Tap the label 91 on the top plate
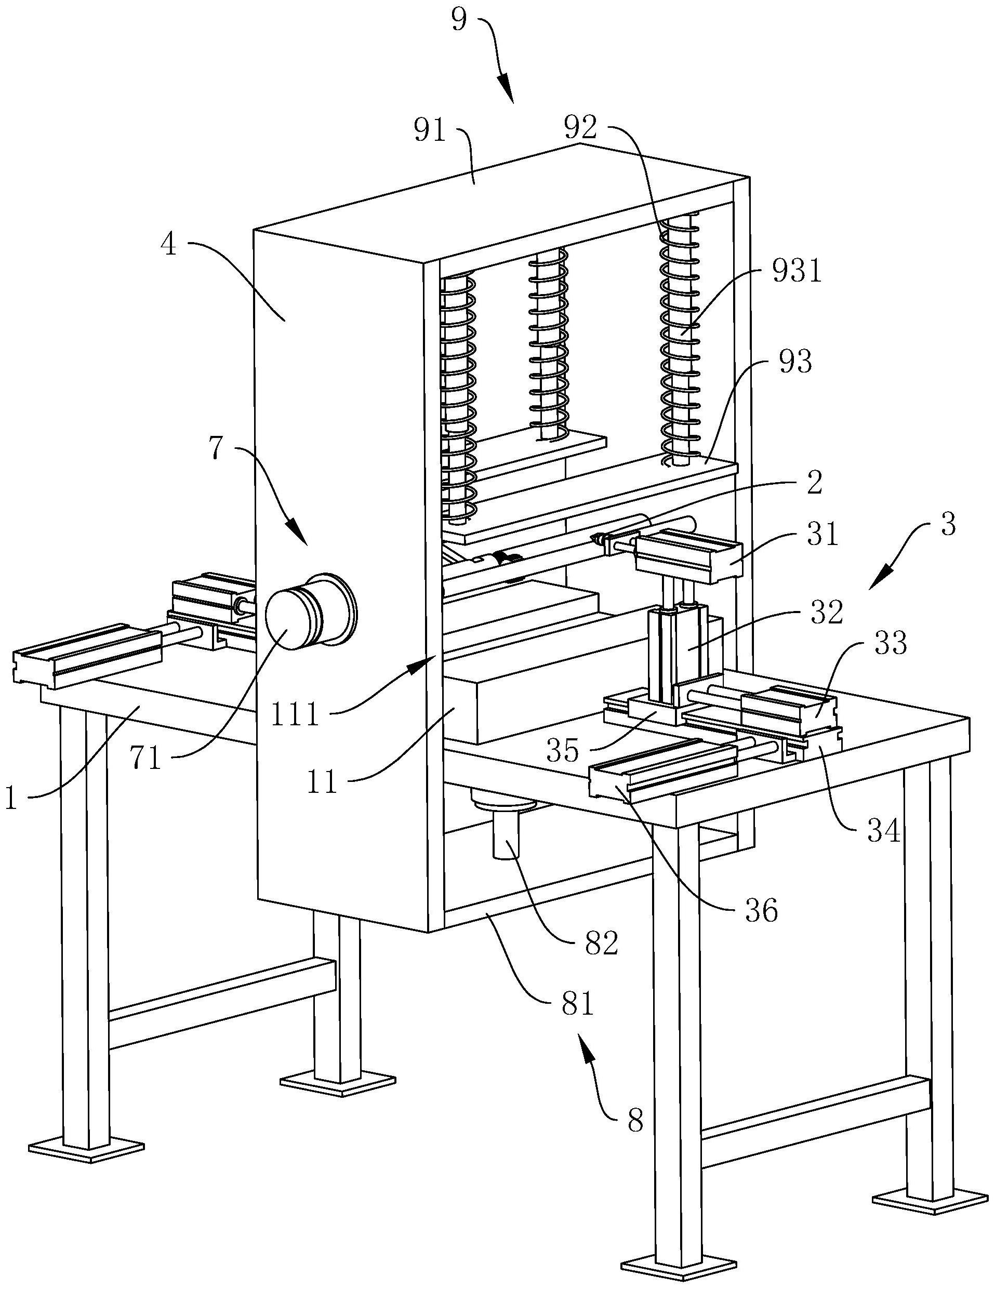[x=430, y=131]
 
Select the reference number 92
[x=581, y=127]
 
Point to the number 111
[x=296, y=714]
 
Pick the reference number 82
[x=601, y=944]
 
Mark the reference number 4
[x=169, y=244]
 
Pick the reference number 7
[x=217, y=448]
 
